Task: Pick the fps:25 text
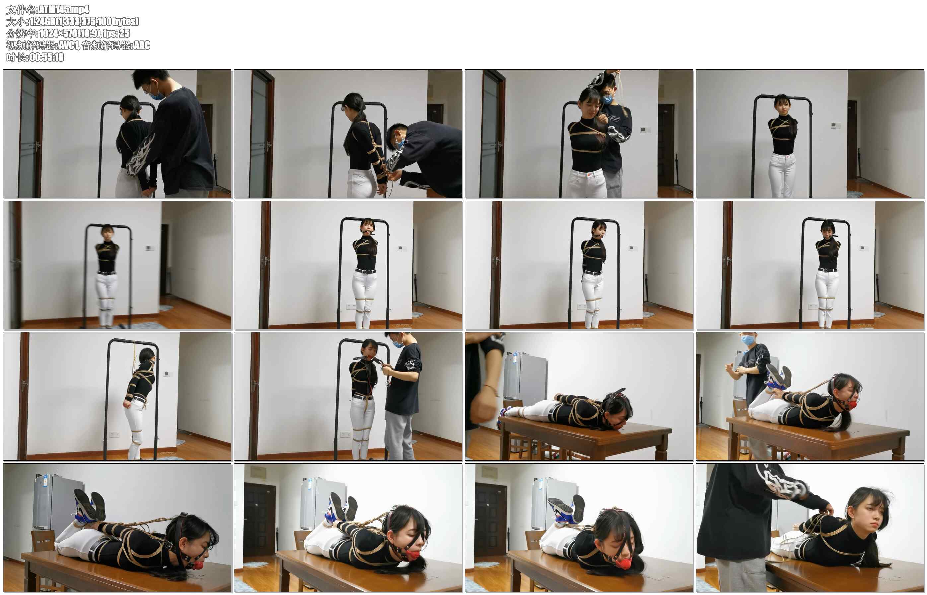116,33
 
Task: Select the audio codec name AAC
142,45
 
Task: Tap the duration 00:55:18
46,57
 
